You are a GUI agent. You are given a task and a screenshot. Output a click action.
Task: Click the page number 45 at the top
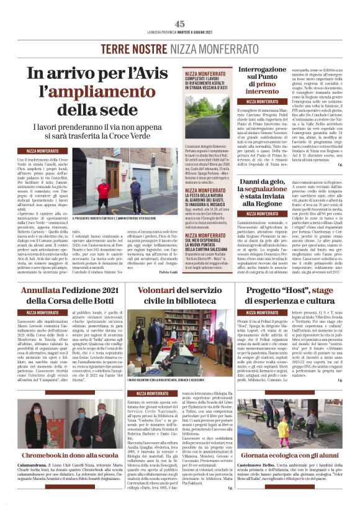pos(180,24)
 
